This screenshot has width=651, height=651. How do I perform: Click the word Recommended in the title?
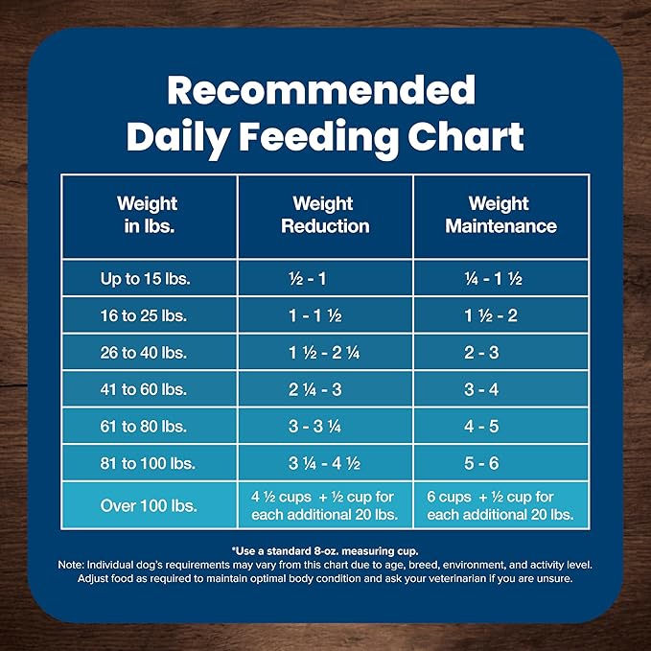coord(321,90)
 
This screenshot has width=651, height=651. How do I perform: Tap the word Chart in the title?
coord(463,136)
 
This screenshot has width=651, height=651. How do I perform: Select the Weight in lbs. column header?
coord(147,215)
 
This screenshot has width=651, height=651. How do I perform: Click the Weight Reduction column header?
coord(323,215)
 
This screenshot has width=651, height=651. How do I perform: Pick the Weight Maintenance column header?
coord(499,215)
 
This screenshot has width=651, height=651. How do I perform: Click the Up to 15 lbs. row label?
coord(147,279)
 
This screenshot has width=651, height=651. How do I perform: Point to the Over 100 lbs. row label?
coord(147,505)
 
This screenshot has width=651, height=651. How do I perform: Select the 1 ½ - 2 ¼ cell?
coord(323,353)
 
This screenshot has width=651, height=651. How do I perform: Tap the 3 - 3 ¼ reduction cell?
coord(323,427)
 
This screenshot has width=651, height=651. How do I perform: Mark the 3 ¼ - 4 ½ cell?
coord(323,463)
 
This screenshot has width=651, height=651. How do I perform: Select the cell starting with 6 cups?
coord(500,505)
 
